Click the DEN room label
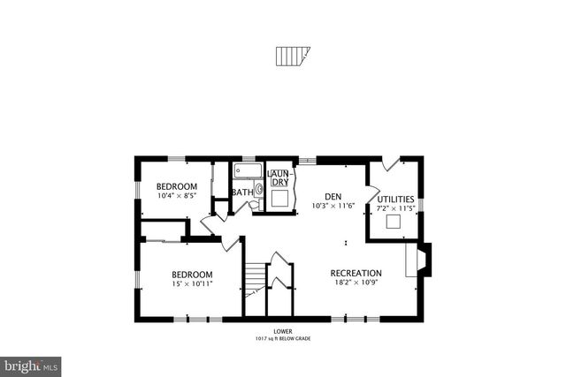pos(333,196)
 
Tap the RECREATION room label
pos(356,273)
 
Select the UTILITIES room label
pos(395,200)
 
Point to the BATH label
pos(241,192)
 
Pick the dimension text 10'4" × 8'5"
pos(177,197)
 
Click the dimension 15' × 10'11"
pos(192,284)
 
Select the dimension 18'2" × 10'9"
pos(356,283)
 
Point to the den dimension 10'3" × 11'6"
pos(333,206)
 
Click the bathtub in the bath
pos(247,171)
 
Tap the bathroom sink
pos(259,188)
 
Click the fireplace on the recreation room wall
pos(420,260)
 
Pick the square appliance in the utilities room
pos(394,222)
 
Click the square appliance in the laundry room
pos(280,198)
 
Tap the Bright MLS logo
pos(31,365)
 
